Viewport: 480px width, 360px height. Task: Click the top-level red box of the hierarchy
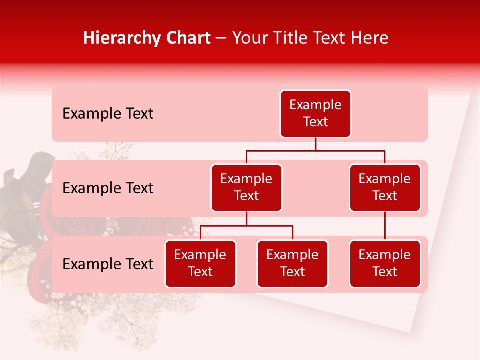tap(315, 114)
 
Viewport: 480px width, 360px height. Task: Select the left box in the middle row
tap(246, 188)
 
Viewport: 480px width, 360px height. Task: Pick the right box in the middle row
tap(385, 188)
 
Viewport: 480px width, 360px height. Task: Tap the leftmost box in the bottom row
tap(200, 264)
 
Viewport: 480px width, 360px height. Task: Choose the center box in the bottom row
tap(292, 264)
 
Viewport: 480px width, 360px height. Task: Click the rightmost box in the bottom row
tap(385, 264)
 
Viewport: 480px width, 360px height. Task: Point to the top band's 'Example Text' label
tap(108, 114)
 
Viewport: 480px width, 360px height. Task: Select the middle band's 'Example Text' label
tap(108, 188)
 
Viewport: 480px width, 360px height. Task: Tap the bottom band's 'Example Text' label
tap(108, 264)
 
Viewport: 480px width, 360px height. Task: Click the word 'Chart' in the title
tap(187, 38)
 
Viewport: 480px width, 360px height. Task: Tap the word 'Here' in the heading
tap(370, 38)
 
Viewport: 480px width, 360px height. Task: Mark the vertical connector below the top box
tap(315, 144)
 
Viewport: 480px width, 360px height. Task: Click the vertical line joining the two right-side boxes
tap(385, 226)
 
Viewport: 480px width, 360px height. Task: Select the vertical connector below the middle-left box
tap(246, 219)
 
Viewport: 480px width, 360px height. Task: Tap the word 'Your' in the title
tap(249, 38)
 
